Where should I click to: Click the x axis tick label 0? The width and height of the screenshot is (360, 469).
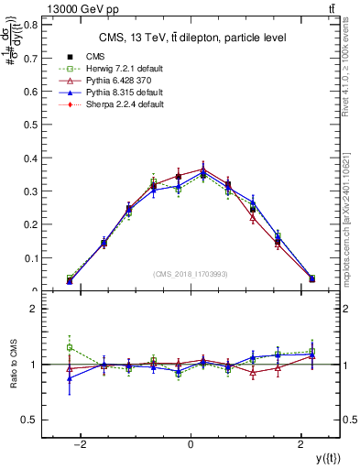click(x=190, y=444)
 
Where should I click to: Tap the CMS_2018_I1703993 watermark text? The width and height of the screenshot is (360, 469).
click(x=191, y=274)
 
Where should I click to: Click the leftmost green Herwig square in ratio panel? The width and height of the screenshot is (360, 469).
click(x=70, y=347)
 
